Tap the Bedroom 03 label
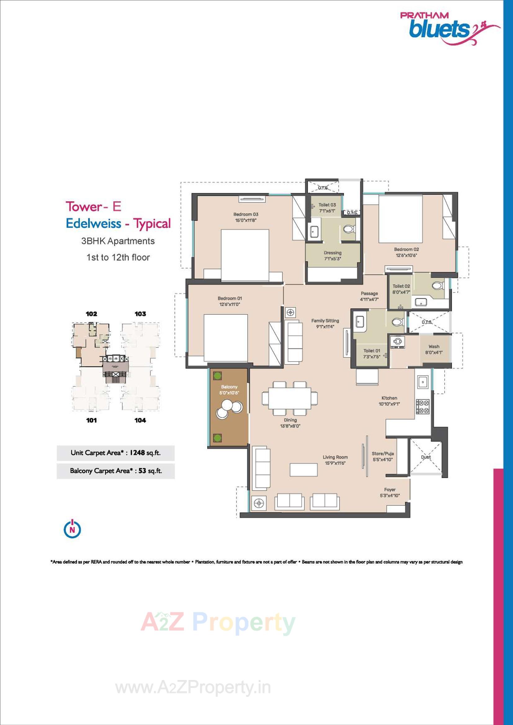click(x=245, y=214)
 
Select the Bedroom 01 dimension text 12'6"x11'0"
click(x=229, y=305)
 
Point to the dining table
click(x=290, y=398)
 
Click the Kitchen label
click(x=389, y=398)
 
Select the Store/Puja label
click(x=382, y=453)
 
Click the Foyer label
click(x=390, y=489)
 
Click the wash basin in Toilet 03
click(x=314, y=232)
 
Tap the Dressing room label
click(x=332, y=253)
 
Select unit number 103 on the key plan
click(x=140, y=314)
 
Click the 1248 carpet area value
click(x=136, y=452)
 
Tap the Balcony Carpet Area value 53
click(x=142, y=470)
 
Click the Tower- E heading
click(x=93, y=207)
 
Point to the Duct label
click(x=426, y=457)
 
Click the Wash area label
click(x=434, y=347)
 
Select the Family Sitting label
click(x=325, y=321)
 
